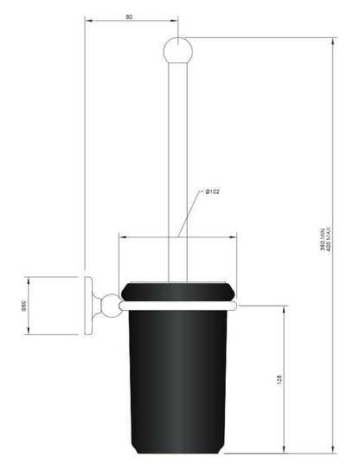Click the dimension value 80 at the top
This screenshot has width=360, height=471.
click(129, 16)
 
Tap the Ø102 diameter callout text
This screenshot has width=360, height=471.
click(211, 191)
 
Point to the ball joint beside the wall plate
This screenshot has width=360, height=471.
click(110, 306)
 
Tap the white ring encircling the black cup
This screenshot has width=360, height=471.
click(177, 306)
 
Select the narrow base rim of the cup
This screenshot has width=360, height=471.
click(177, 454)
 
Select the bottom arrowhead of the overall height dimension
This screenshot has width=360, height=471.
click(333, 455)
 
